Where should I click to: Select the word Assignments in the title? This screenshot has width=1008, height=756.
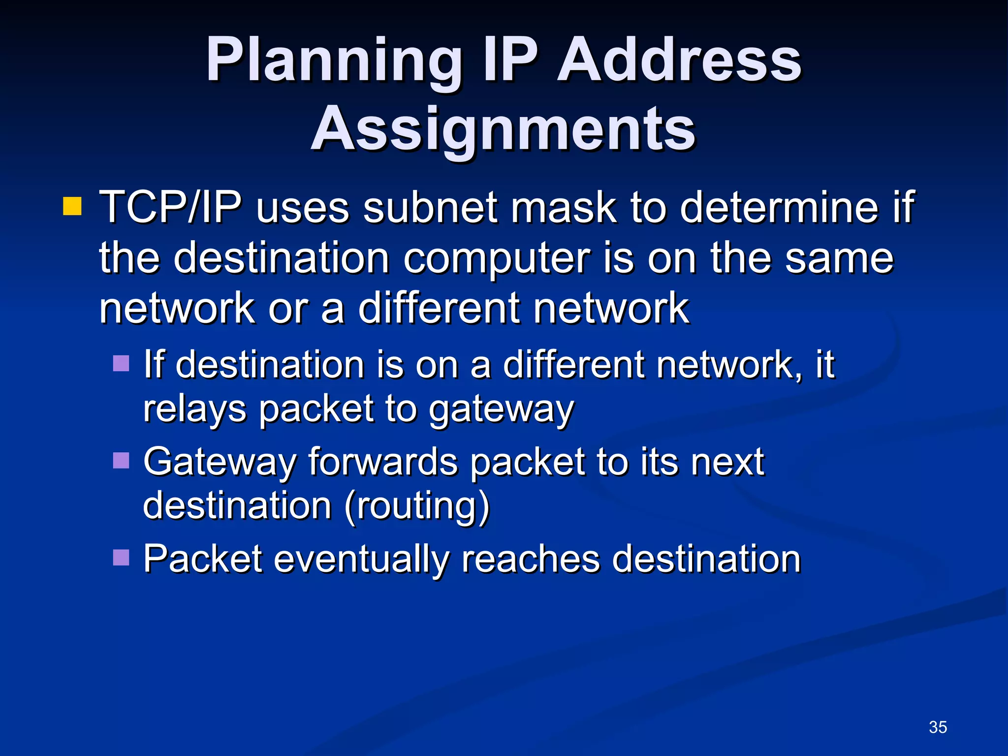pyautogui.click(x=503, y=129)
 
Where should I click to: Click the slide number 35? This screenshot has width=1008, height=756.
pyautogui.click(x=938, y=727)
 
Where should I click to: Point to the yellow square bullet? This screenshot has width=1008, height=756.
pyautogui.click(x=72, y=207)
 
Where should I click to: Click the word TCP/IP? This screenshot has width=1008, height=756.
pyautogui.click(x=170, y=208)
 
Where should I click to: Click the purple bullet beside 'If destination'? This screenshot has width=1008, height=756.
pyautogui.click(x=121, y=364)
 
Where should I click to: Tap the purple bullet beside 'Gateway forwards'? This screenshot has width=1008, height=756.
pyautogui.click(x=121, y=461)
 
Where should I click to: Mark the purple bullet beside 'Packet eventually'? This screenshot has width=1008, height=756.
pyautogui.click(x=121, y=558)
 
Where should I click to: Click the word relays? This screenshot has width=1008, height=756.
pyautogui.click(x=194, y=409)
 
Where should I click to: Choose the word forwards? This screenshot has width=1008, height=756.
pyautogui.click(x=383, y=462)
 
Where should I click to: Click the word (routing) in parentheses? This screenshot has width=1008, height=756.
pyautogui.click(x=417, y=506)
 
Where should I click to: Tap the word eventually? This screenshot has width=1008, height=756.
pyautogui.click(x=361, y=559)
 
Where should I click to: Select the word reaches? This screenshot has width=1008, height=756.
pyautogui.click(x=531, y=559)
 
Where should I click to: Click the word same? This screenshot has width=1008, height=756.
pyautogui.click(x=839, y=259)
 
